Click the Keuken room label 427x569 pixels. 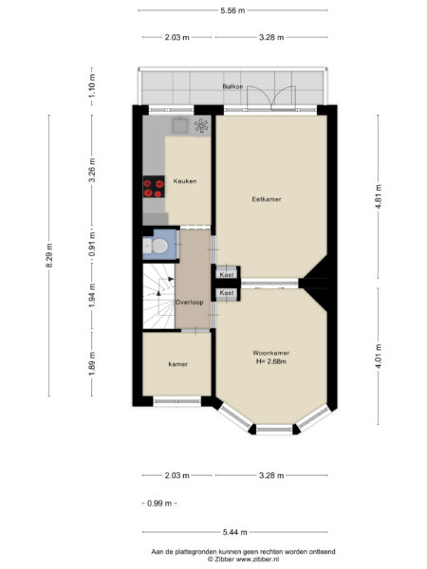(185, 181)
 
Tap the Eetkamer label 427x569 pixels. (267, 199)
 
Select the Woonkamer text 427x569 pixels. (271, 353)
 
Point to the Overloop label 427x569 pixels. (189, 303)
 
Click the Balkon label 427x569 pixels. (232, 86)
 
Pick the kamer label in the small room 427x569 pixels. (178, 364)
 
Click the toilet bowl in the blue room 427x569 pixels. (159, 246)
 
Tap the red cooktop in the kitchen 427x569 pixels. (154, 187)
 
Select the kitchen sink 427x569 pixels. (180, 125)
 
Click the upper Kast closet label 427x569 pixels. (227, 275)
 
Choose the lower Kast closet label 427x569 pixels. (227, 293)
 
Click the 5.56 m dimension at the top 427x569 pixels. (232, 10)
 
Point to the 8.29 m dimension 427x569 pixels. (49, 255)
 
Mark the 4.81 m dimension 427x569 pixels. (379, 196)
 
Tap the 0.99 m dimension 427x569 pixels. (159, 504)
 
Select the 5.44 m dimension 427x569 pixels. (235, 532)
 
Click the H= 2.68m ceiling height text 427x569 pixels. (271, 361)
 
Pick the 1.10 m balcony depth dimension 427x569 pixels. (92, 86)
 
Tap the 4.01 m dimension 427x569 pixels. (379, 356)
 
